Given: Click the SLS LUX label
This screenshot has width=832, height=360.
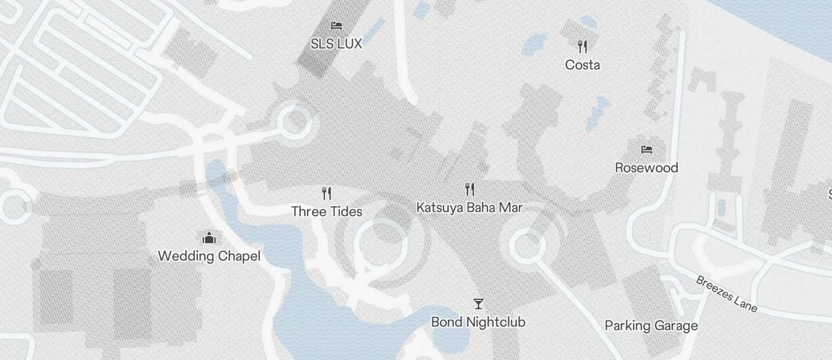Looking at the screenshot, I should pyautogui.click(x=336, y=44).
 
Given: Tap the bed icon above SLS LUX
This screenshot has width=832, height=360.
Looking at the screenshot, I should pyautogui.click(x=336, y=25).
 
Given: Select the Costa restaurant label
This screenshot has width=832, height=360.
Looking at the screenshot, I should pyautogui.click(x=583, y=65).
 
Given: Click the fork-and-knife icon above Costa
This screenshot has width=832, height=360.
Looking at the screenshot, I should pyautogui.click(x=583, y=46).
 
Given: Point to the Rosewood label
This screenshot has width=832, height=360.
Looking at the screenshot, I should pyautogui.click(x=646, y=168).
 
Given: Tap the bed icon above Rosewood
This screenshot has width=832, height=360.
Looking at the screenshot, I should pyautogui.click(x=646, y=150).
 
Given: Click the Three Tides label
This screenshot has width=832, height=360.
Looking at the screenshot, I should pyautogui.click(x=327, y=212).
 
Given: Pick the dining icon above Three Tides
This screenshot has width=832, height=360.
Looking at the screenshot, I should pyautogui.click(x=327, y=193).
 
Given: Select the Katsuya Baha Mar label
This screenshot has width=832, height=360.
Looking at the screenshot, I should pyautogui.click(x=469, y=207).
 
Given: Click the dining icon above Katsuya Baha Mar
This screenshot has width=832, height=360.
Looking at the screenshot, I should pyautogui.click(x=469, y=189).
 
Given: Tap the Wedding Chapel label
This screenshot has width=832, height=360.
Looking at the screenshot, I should pyautogui.click(x=209, y=256).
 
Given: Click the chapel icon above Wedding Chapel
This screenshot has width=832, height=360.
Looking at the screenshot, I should pyautogui.click(x=209, y=238).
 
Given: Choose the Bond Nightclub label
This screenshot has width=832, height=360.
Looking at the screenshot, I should pyautogui.click(x=478, y=322).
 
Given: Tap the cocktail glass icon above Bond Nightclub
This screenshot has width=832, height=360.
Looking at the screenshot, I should pyautogui.click(x=478, y=304).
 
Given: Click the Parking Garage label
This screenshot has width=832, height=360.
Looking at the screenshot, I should pyautogui.click(x=651, y=326).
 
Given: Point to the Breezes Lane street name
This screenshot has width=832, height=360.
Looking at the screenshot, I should pyautogui.click(x=726, y=294).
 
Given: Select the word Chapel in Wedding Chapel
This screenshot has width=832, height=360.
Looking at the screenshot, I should pyautogui.click(x=239, y=256).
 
